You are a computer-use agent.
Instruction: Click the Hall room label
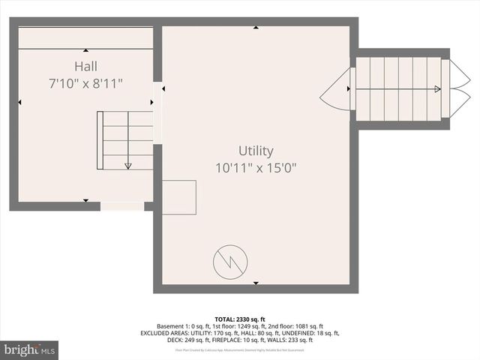coord(85,66)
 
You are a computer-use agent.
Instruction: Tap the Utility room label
coord(256,151)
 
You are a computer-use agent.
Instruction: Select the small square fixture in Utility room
coord(179,197)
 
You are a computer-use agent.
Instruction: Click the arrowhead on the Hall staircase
coord(128,166)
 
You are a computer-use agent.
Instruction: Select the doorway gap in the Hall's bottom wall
coord(121,205)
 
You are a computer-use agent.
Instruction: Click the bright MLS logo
coord(30,349)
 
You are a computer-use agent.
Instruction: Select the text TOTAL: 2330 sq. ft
coord(240,319)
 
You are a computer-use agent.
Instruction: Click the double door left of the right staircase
coord(336,88)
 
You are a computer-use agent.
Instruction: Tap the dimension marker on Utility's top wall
coord(256,28)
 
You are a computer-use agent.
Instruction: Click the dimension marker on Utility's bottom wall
coord(256,283)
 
